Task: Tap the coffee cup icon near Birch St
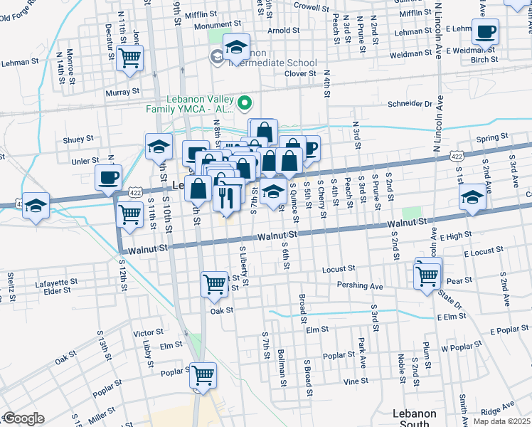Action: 485,32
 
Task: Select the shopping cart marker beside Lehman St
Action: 129,59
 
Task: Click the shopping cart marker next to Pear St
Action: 427,275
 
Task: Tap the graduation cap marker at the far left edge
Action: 36,206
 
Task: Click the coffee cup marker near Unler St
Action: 108,178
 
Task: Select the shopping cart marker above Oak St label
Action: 214,284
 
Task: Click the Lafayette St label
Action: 56,283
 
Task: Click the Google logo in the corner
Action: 23,418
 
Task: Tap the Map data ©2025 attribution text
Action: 501,421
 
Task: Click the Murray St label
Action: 124,92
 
